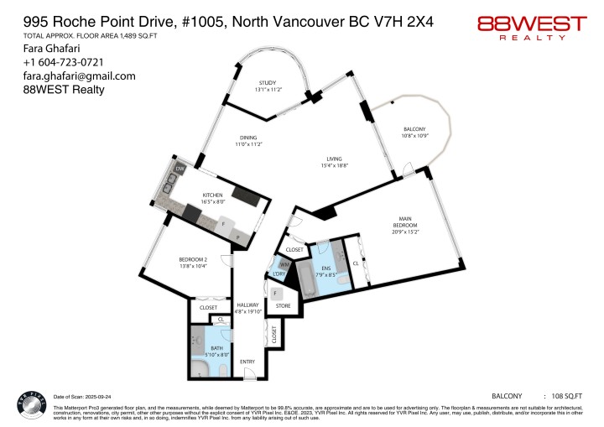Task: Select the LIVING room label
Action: [x=336, y=159]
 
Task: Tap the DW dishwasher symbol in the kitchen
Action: [x=179, y=169]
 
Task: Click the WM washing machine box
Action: [x=284, y=265]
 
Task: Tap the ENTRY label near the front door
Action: [x=247, y=362]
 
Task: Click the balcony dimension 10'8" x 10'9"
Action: [x=414, y=136]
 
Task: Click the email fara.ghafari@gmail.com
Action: [x=68, y=76]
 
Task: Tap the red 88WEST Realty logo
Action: [x=531, y=27]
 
